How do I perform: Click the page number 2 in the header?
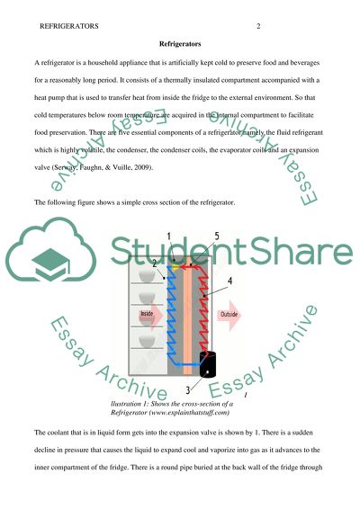(257, 26)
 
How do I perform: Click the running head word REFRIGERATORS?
(70, 26)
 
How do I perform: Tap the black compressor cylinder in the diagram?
(207, 364)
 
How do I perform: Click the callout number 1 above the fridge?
(169, 237)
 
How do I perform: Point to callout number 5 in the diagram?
(216, 237)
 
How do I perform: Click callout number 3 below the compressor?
(186, 389)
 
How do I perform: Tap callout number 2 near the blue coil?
(154, 264)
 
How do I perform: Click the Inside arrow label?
(147, 314)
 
